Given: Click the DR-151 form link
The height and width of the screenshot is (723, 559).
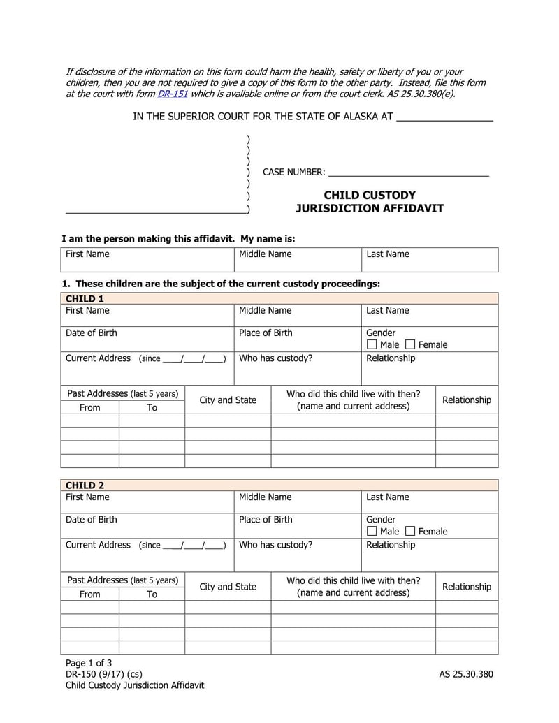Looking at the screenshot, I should point(173,94).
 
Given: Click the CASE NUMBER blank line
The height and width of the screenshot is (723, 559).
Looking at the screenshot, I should point(408,171).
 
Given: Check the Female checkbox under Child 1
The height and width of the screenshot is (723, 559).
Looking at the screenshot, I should point(410,344).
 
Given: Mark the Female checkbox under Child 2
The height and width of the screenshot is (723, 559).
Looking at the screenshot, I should point(410,531).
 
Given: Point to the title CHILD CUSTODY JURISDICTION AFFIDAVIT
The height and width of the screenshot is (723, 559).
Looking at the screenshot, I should point(369,202).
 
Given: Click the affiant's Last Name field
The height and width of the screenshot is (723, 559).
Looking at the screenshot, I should point(429,260).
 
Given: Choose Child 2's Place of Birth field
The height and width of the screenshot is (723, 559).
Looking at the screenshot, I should point(297,525).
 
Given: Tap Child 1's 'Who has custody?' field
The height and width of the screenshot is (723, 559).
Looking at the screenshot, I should point(297,368).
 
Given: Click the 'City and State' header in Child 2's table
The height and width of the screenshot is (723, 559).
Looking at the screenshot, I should point(228,587).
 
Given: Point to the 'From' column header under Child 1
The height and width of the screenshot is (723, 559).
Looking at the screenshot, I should point(89,407).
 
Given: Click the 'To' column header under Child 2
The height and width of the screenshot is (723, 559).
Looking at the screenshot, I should point(152,594).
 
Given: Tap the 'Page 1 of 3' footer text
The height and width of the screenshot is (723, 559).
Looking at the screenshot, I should point(89,663).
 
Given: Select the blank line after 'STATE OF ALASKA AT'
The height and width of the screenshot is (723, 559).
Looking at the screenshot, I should point(444,117).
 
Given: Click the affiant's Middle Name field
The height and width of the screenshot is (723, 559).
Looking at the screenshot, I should point(297,260).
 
